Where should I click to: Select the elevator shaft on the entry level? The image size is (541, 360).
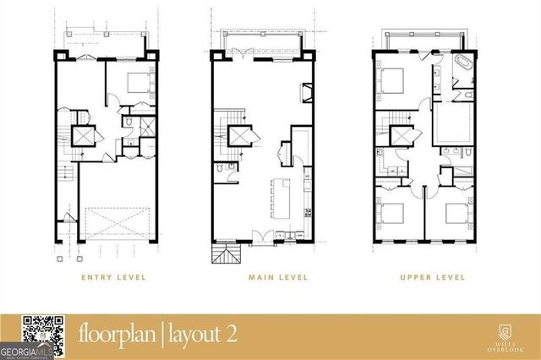(x=85, y=135)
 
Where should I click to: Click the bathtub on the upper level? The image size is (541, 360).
(x=464, y=67)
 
